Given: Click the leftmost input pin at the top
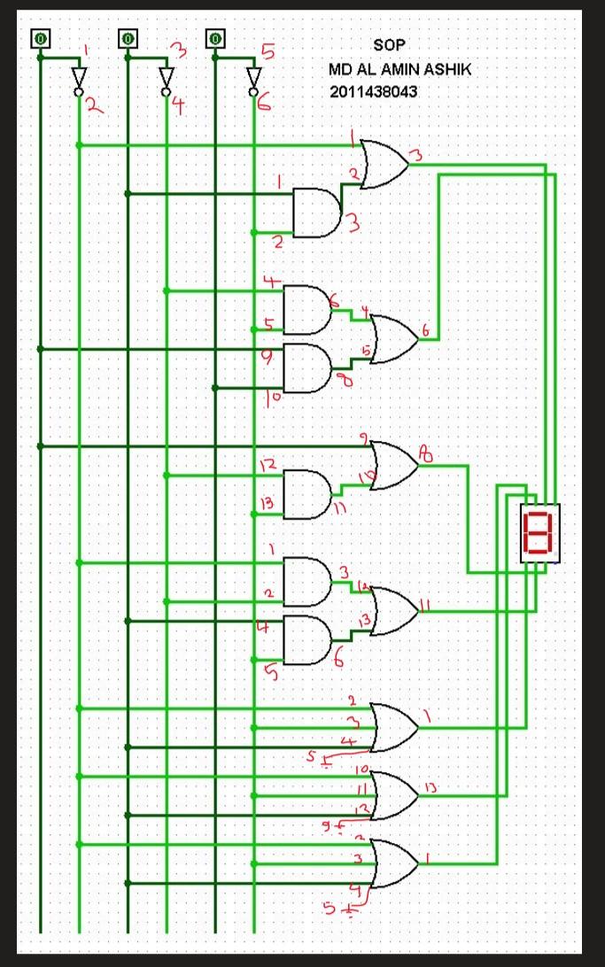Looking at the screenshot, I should pos(40,38).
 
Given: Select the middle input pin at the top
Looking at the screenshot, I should pos(128,38).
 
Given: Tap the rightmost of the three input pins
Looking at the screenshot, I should pos(215,38).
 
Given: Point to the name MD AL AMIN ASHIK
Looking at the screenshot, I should pos(399,68).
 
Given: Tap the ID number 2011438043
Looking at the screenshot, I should pos(373,90).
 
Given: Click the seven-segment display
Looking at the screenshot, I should pos(539,533).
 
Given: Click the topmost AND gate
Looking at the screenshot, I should pos(315,213).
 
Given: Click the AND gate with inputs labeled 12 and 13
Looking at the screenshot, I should pos(306,494).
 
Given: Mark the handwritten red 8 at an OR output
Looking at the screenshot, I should pos(426,455).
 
